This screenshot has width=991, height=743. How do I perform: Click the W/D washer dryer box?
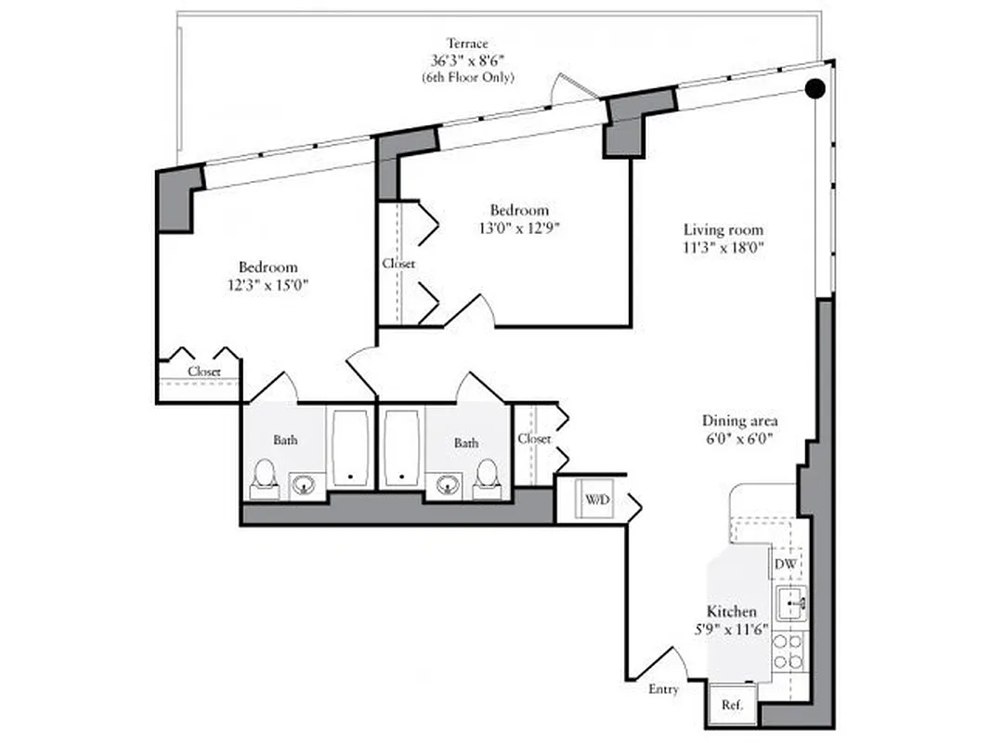coord(596,500)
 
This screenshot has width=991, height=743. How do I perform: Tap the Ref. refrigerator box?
coord(730,705)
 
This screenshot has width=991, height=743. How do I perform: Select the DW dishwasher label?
coord(786,564)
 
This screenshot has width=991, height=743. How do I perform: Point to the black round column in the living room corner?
coord(815,88)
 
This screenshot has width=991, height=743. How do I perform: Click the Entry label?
coord(663,689)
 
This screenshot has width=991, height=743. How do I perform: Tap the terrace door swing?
coord(573,89)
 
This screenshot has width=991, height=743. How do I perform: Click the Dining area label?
coord(739,420)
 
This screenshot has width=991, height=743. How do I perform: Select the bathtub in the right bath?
coord(401,447)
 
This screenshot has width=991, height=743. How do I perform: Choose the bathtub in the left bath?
coord(350,447)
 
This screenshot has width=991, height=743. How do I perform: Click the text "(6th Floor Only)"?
coord(466,78)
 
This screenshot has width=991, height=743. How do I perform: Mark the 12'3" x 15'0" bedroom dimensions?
coord(268,285)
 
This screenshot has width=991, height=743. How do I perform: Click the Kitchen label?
coord(731,611)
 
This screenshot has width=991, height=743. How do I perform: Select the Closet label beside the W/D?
coord(534,438)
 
